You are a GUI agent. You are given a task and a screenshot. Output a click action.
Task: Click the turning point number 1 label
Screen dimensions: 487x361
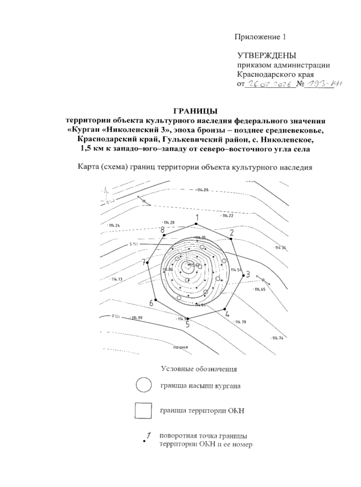197,217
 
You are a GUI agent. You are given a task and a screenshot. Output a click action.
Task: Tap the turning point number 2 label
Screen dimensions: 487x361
232,232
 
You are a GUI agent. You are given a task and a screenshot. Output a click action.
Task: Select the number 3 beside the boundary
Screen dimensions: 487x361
248,274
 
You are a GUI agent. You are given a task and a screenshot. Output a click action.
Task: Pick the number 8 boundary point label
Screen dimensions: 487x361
162,230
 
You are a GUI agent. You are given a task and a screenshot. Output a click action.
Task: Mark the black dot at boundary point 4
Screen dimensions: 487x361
224,309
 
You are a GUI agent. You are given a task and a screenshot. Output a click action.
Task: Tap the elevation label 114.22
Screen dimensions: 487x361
228,216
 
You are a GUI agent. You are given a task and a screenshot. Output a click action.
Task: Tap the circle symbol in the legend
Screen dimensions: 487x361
143,385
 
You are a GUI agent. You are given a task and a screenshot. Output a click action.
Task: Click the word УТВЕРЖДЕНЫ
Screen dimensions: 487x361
267,55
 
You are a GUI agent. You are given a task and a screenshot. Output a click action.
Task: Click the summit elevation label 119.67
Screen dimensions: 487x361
194,265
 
